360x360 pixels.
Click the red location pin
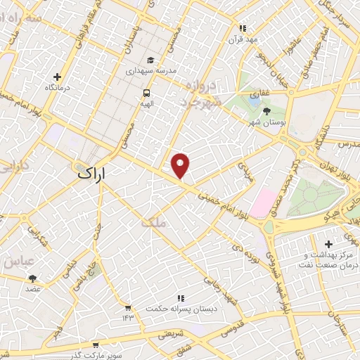(181, 165)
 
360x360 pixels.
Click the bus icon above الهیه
(146, 93)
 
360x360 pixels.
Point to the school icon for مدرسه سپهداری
(149, 61)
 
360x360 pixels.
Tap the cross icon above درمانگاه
(57, 77)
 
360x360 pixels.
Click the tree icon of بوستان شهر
(265, 111)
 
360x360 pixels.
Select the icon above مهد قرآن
(243, 29)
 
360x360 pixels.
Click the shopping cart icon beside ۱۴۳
(127, 307)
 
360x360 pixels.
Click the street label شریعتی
(173, 336)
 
